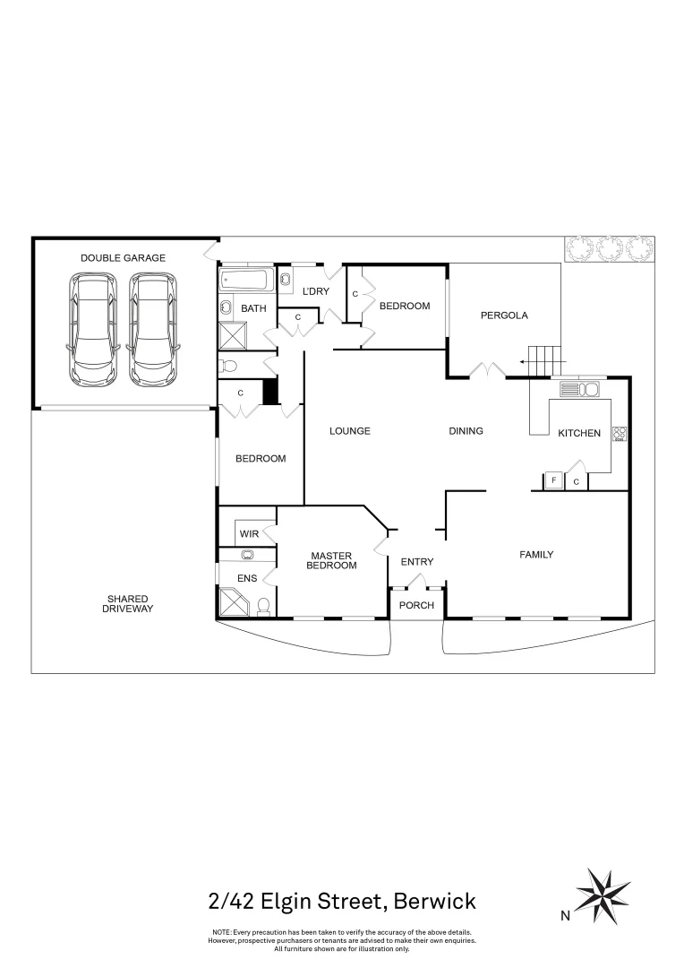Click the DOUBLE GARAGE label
click(x=123, y=258)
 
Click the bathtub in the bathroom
click(x=246, y=279)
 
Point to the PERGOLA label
click(x=504, y=315)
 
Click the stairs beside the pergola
click(x=543, y=359)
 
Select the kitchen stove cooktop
click(x=619, y=434)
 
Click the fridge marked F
click(x=553, y=481)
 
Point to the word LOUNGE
click(x=349, y=431)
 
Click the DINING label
click(x=466, y=431)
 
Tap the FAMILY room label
click(x=536, y=555)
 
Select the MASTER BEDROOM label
click(x=331, y=560)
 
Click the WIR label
click(x=249, y=534)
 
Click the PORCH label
click(x=417, y=605)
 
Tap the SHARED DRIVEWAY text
click(x=127, y=603)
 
